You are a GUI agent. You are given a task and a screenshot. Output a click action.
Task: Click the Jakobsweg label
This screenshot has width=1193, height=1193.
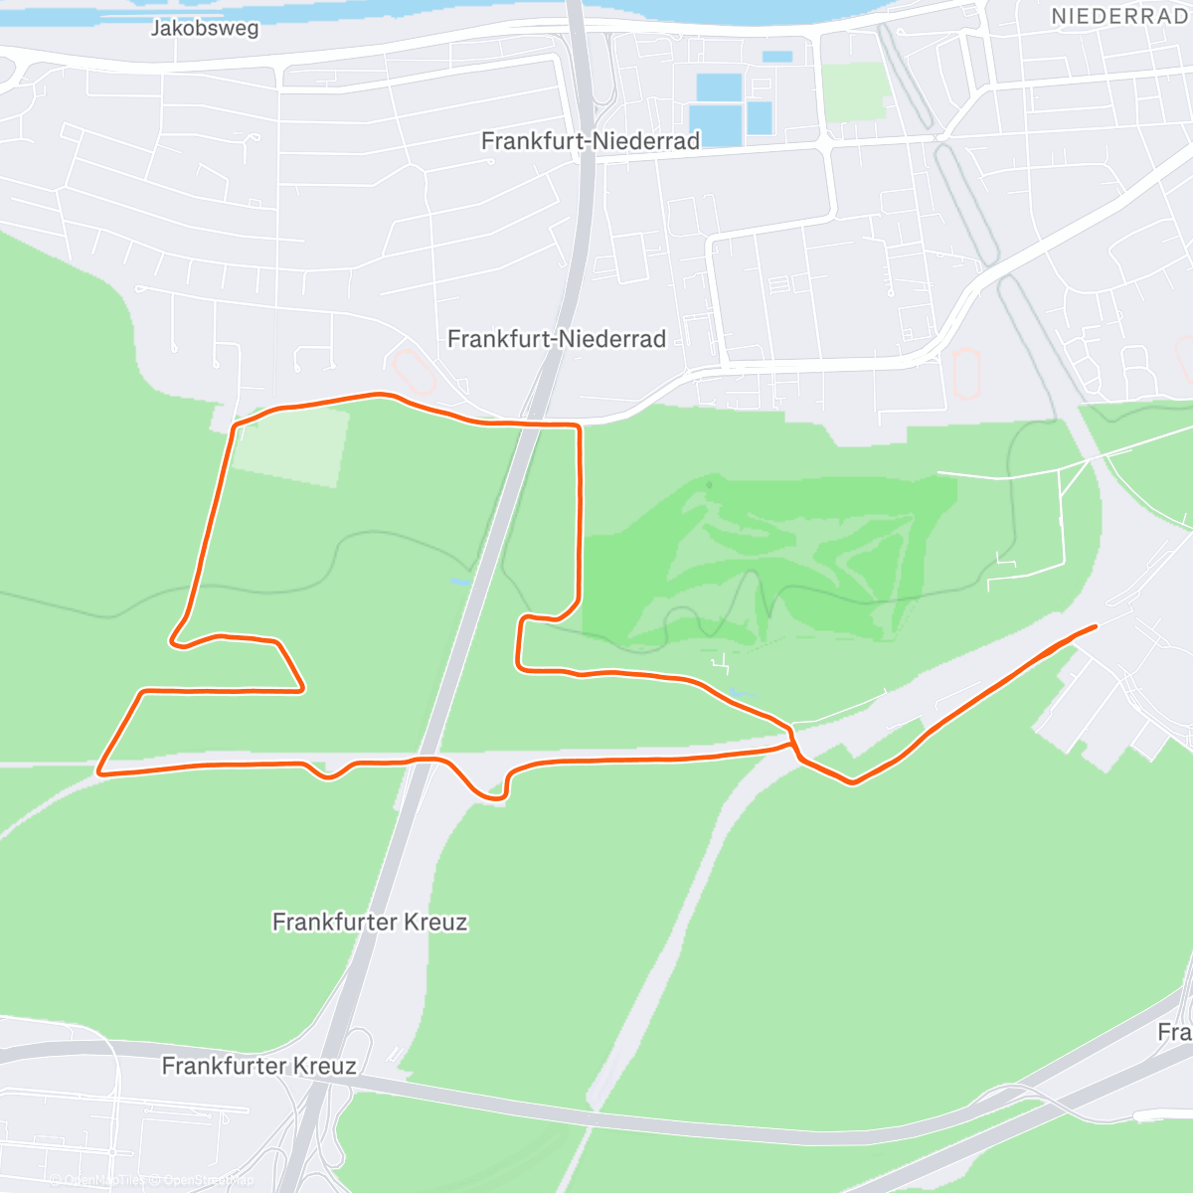[205, 28]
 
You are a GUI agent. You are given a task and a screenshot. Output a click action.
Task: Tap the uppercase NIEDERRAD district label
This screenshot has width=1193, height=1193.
[1119, 17]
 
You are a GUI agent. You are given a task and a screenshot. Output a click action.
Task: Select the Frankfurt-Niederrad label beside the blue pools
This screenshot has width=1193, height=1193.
[591, 141]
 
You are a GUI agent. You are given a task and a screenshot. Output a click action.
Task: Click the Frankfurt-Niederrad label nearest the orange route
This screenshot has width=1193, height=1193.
[557, 339]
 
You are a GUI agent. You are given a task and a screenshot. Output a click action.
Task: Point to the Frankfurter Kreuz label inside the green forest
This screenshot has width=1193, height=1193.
[370, 923]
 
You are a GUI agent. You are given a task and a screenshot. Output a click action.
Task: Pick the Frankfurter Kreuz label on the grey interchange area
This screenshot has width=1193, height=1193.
[258, 1067]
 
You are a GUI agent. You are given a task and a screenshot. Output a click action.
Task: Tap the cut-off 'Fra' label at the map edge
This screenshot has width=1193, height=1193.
[1174, 1032]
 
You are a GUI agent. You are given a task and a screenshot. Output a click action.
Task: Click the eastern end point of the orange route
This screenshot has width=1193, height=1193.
[1095, 626]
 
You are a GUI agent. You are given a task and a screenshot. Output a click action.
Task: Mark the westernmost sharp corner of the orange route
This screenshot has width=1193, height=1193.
[99, 770]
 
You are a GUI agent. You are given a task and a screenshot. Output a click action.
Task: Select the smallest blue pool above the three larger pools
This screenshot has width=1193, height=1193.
[777, 57]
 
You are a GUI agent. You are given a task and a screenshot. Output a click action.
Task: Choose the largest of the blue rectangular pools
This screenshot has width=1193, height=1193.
[716, 125]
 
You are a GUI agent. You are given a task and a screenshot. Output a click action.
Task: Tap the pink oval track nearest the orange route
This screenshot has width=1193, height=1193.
[413, 369]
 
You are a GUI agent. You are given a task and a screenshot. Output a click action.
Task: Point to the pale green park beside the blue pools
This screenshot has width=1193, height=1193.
[854, 90]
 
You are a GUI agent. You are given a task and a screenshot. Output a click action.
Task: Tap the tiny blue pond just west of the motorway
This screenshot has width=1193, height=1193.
[459, 582]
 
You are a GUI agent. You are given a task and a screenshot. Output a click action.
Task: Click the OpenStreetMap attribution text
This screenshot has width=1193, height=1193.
[209, 1181]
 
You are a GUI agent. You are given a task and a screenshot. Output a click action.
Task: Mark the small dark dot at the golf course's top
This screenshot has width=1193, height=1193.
[709, 485]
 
